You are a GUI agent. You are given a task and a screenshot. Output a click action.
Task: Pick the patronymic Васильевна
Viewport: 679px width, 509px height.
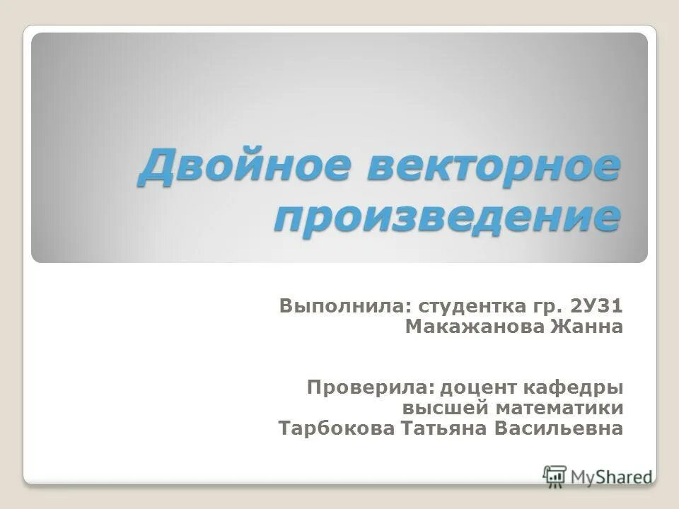pos(565,428)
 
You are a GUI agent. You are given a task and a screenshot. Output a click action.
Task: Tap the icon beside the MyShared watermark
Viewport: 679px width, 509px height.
pos(555,474)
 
